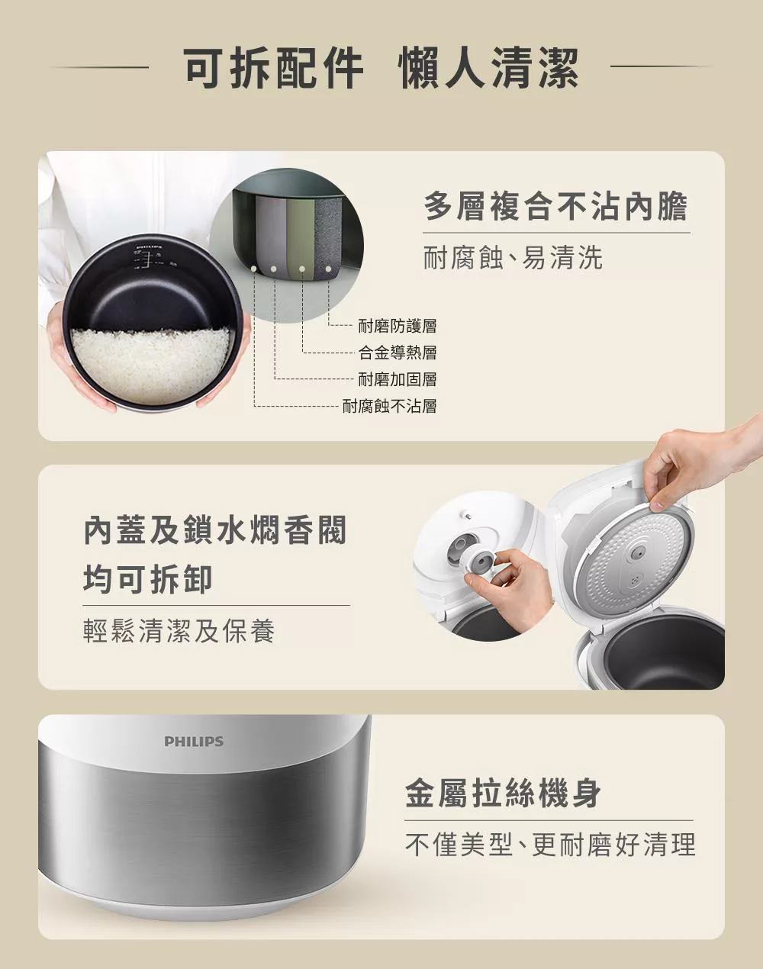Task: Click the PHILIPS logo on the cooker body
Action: pyautogui.click(x=194, y=741)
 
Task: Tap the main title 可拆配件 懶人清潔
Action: pyautogui.click(x=381, y=69)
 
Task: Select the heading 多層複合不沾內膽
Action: pyautogui.click(x=555, y=206)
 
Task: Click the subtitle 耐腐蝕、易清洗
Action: pyautogui.click(x=513, y=258)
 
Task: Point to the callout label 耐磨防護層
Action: pyautogui.click(x=398, y=326)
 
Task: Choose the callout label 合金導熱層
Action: pyautogui.click(x=398, y=352)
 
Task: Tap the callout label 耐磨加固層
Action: pyautogui.click(x=398, y=379)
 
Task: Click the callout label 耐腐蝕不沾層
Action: pyautogui.click(x=390, y=406)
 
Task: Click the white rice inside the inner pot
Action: pyautogui.click(x=151, y=365)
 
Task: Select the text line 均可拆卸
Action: pyautogui.click(x=148, y=579)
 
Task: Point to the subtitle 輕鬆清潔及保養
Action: pyautogui.click(x=179, y=630)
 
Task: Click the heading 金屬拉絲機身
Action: pyautogui.click(x=503, y=793)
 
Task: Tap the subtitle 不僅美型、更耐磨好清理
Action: pyautogui.click(x=550, y=845)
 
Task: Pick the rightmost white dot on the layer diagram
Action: pyautogui.click(x=328, y=269)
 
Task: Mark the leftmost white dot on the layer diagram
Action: pyautogui.click(x=254, y=269)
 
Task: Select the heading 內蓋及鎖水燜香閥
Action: pyautogui.click(x=215, y=530)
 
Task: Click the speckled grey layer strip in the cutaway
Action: pyautogui.click(x=328, y=234)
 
